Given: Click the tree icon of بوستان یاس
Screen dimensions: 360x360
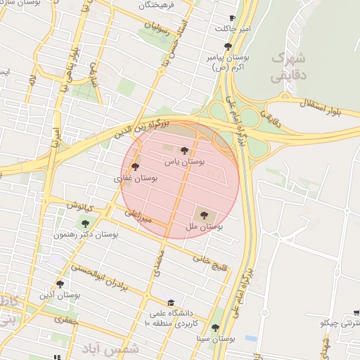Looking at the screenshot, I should point(184,150).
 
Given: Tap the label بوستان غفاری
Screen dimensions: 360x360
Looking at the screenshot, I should point(134,179).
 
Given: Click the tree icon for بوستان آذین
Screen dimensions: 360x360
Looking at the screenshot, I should point(60,285).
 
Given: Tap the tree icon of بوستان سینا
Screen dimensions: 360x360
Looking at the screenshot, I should point(215,328).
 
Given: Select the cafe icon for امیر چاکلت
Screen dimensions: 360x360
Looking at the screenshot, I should point(233,18).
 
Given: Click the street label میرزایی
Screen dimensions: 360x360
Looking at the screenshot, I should point(138,215).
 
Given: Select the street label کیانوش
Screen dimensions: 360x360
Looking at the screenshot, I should point(81,207).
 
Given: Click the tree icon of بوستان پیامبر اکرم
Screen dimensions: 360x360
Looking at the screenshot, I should point(227,46).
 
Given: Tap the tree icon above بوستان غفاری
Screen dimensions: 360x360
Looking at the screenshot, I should point(135,167).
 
